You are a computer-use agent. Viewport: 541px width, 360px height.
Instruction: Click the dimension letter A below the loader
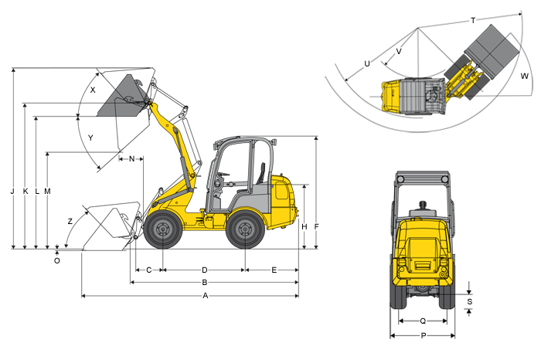tap(206, 296)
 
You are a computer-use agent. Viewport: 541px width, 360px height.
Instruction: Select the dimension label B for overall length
tap(205, 283)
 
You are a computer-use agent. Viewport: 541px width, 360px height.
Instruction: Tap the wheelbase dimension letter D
tap(205, 270)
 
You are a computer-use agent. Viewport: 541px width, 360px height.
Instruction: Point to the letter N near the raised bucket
tap(131, 159)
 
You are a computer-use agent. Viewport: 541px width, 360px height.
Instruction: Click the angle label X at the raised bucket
tap(93, 90)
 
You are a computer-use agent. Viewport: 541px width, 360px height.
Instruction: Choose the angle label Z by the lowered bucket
tap(70, 222)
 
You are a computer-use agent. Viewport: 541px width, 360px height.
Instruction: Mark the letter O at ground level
tap(57, 260)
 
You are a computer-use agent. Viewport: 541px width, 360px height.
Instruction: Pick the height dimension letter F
tap(316, 226)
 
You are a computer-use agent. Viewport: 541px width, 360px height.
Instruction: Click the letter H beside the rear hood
tap(304, 226)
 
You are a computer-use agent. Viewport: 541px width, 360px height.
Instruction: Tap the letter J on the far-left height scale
tap(12, 191)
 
